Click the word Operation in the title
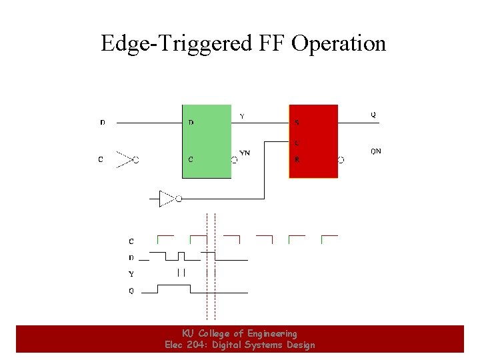(x=339, y=44)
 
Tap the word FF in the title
(x=270, y=44)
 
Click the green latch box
(x=207, y=141)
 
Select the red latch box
(x=313, y=141)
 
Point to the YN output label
(x=245, y=153)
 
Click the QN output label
(x=376, y=151)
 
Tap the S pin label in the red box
(x=297, y=123)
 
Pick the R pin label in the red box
(x=297, y=160)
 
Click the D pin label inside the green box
(x=191, y=123)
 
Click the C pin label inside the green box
(x=191, y=160)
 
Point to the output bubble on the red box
(x=341, y=160)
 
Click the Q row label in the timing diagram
(x=131, y=291)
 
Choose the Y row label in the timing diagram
(x=131, y=274)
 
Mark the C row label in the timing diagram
(x=131, y=241)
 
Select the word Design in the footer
(x=299, y=345)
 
